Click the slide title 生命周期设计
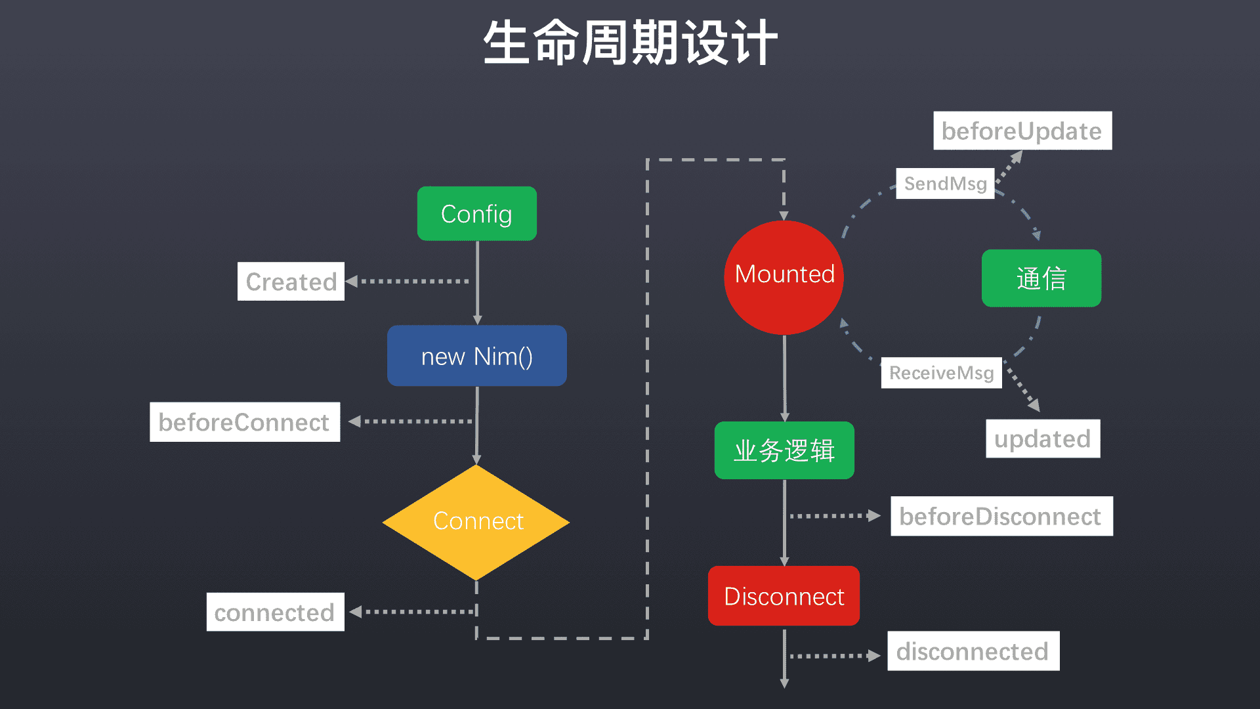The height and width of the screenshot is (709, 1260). pos(630,43)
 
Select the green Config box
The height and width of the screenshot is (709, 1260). pos(477,214)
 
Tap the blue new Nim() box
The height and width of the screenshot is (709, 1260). pos(477,356)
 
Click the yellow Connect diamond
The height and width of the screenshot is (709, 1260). pos(477,522)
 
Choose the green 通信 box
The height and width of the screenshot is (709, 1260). pos(1041,278)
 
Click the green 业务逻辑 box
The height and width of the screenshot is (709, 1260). pos(784,450)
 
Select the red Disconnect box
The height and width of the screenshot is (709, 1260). pos(784,596)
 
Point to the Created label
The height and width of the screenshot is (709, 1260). pos(291,282)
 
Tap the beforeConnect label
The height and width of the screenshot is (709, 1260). pos(245,422)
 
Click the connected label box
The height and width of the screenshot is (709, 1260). pos(275,612)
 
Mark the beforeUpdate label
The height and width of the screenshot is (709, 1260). pos(1022,131)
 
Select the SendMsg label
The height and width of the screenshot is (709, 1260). pos(945,183)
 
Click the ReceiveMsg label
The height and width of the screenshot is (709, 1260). pos(941,373)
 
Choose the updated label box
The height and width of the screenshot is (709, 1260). pos(1043,439)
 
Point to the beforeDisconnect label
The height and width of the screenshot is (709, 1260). pos(1001,516)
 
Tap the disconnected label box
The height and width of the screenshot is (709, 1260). pos(973,651)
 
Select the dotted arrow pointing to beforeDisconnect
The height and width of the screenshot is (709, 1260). pos(833,516)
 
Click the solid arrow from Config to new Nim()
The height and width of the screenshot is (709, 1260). pos(477,282)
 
